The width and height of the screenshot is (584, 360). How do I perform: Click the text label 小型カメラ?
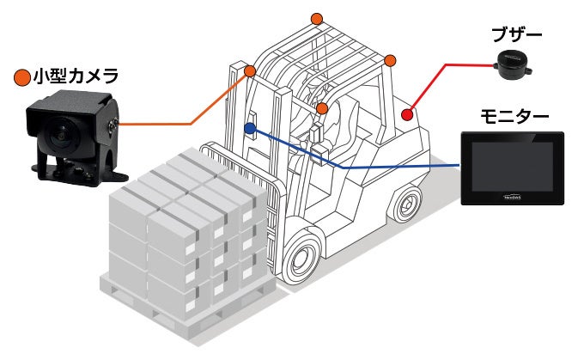click(76, 76)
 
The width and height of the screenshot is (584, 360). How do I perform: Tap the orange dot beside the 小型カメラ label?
click(22, 77)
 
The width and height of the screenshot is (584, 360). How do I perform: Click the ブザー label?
click(514, 34)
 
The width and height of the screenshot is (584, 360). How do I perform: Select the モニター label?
click(514, 115)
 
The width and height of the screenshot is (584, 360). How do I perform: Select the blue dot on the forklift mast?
click(249, 129)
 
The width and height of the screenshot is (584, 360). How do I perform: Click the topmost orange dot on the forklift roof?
click(317, 18)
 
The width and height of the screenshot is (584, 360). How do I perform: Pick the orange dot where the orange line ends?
click(250, 70)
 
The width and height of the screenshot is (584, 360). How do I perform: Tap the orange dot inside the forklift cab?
click(322, 108)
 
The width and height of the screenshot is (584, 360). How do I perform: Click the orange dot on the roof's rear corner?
click(390, 60)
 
